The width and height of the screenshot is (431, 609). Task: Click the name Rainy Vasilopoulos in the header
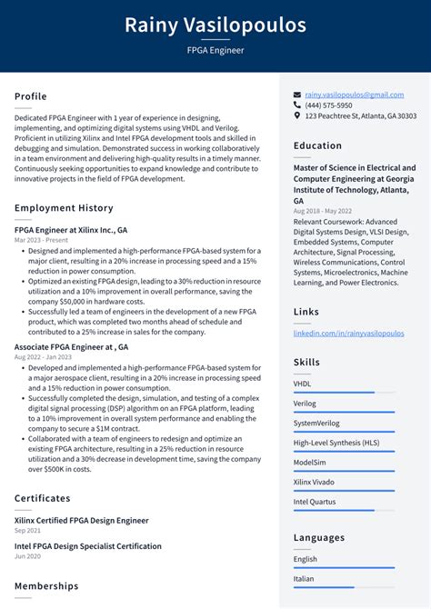point(215,25)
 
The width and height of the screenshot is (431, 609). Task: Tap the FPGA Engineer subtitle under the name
point(215,50)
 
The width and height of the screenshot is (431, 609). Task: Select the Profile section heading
point(31,96)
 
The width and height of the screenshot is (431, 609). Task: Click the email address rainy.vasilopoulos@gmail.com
point(354,95)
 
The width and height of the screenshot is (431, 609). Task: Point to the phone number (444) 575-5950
point(328,105)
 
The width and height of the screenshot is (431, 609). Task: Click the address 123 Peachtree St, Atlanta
point(360,116)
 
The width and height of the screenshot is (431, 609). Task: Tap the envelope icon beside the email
point(297,95)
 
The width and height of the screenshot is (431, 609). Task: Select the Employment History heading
point(64,208)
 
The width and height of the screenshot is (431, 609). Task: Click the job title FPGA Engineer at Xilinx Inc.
point(71,230)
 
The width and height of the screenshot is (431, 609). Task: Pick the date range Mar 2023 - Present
point(42,240)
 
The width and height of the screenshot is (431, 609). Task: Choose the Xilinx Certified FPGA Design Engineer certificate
point(81,520)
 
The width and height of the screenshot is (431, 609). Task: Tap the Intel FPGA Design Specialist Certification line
point(88,546)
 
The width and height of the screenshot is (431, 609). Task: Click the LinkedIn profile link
point(348,334)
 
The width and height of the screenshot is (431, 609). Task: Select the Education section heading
point(317,145)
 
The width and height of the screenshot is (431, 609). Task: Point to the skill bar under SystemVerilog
point(344,432)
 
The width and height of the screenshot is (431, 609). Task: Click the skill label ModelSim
point(311,462)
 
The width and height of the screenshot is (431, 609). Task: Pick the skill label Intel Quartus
point(316,501)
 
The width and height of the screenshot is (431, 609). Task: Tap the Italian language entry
point(304,578)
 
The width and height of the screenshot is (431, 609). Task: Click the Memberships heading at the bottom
point(46,586)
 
